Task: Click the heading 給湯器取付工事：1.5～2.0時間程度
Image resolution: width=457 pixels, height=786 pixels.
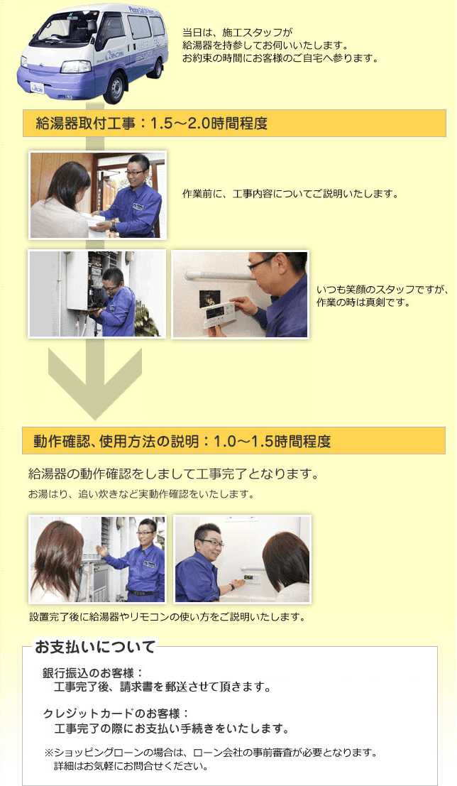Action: [x=152, y=124]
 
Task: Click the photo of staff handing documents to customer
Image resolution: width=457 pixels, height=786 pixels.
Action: [x=97, y=195]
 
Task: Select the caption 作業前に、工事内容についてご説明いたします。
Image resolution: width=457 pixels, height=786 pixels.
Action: [x=290, y=194]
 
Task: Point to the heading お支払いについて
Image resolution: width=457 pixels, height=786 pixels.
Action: [x=95, y=647]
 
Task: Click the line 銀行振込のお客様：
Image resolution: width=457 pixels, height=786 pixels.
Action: [x=93, y=672]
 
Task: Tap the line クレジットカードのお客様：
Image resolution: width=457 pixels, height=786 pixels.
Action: [x=116, y=714]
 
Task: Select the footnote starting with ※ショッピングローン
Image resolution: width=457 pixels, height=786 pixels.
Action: [x=210, y=753]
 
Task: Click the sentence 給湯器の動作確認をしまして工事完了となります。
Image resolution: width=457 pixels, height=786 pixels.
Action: [x=174, y=474]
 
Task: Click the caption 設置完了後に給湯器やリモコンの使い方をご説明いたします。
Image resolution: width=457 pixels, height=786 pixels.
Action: [x=167, y=617]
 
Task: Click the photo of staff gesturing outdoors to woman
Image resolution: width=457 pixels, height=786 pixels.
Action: [x=97, y=560]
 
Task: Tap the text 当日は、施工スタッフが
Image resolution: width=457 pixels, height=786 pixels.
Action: [x=237, y=33]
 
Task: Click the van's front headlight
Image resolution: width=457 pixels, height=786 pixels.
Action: [x=76, y=67]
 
